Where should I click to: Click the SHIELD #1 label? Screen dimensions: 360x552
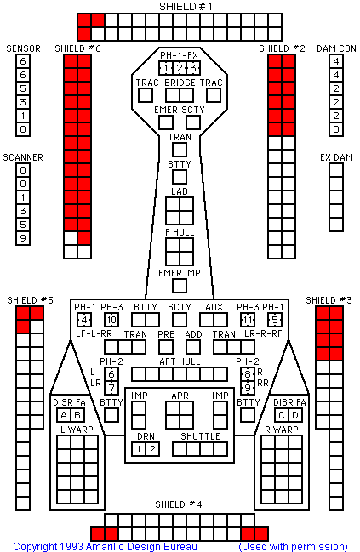(186, 7)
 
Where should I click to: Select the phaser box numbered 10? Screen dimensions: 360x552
(111, 320)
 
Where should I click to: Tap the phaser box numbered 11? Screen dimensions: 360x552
(248, 320)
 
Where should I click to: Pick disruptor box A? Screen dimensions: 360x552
(64, 415)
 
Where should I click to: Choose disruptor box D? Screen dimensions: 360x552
(295, 415)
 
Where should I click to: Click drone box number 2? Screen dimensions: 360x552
(152, 449)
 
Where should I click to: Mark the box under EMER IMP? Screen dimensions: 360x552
(180, 286)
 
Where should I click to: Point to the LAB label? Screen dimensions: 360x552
(180, 191)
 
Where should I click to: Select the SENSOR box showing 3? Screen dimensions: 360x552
(23, 102)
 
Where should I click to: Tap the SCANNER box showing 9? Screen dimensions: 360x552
(23, 238)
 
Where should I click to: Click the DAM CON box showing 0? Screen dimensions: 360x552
(336, 129)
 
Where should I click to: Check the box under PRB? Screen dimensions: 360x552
(166, 347)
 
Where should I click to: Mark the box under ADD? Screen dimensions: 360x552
(193, 347)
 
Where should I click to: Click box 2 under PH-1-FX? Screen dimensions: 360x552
(180, 68)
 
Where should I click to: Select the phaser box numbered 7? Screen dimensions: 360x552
(111, 388)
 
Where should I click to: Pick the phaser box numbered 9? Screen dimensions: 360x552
(248, 388)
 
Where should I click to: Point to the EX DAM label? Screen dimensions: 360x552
(336, 157)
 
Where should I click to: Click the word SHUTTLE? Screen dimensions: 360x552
(201, 436)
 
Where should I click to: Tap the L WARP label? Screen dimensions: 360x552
(77, 430)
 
